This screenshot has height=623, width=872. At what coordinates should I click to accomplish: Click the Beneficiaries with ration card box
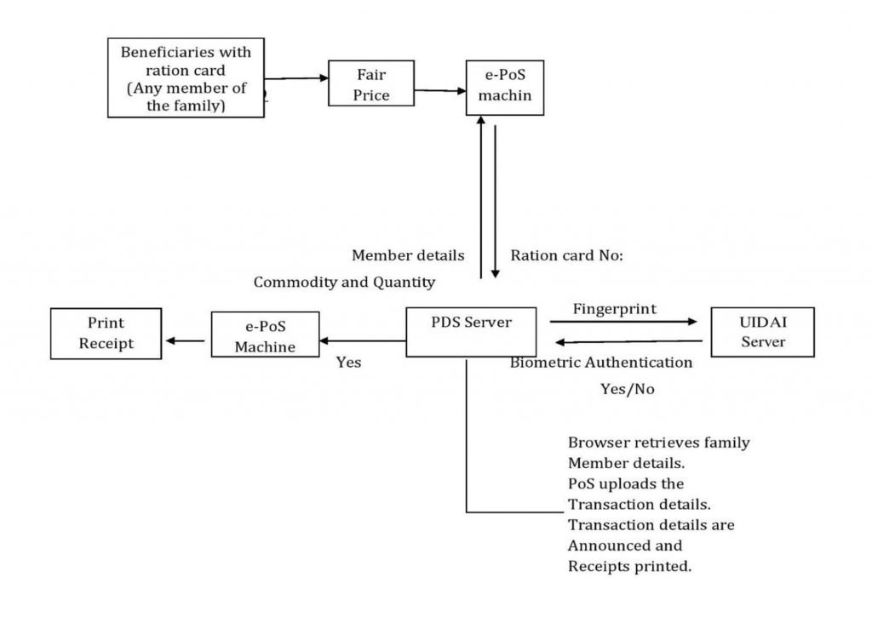coord(186,77)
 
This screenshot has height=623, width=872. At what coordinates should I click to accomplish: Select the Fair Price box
coord(371,83)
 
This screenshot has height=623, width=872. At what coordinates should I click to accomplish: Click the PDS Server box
coord(471,332)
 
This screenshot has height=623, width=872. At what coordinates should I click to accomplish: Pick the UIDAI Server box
coord(762,332)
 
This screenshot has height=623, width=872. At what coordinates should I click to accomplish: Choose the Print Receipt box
coord(106,333)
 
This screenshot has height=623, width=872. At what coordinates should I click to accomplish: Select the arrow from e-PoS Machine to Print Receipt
coord(186,340)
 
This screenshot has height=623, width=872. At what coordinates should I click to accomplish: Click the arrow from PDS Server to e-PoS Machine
coord(363,341)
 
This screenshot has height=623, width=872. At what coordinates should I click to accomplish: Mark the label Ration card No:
coord(567,254)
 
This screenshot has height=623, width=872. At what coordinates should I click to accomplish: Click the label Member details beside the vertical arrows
coord(408,254)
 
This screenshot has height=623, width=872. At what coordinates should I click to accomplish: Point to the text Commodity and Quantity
coord(344,282)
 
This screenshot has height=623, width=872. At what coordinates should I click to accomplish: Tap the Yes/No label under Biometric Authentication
coord(627,389)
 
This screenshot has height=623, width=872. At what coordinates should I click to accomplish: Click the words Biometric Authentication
coord(601,363)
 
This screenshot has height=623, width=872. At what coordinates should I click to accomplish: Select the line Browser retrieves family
coord(658,443)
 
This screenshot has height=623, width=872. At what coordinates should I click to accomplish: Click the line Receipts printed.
coord(629,565)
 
